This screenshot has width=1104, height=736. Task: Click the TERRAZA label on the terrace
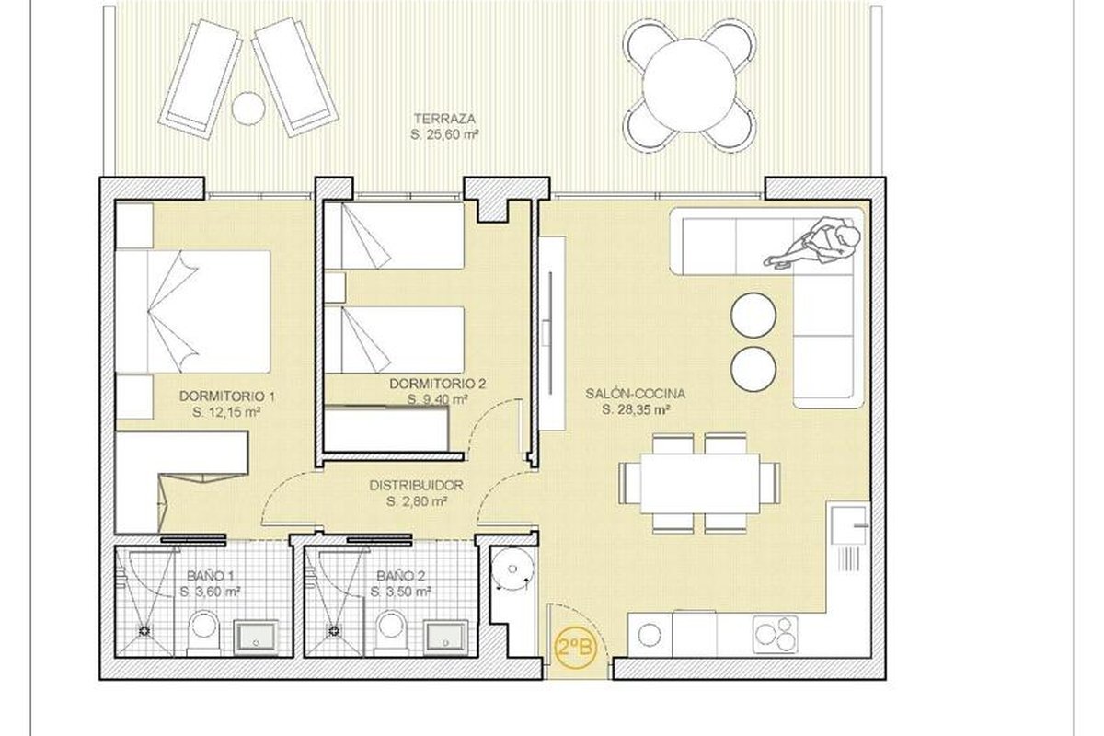[x=444, y=119]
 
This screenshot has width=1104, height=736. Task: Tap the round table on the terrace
[x=689, y=86]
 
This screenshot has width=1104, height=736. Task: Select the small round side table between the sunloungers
[x=248, y=109]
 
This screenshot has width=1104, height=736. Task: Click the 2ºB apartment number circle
[x=575, y=648]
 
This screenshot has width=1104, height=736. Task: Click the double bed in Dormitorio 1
[x=192, y=312]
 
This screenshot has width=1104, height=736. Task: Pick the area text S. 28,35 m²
[x=636, y=409]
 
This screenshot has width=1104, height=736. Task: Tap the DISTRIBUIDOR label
[x=417, y=486]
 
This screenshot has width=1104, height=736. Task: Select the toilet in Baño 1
[x=203, y=632]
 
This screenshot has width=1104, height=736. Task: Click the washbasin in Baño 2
[x=445, y=638]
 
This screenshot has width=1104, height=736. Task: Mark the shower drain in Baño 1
[x=144, y=630]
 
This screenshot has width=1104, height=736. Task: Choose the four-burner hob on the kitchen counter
[x=775, y=634]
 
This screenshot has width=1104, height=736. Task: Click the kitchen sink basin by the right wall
[x=848, y=524]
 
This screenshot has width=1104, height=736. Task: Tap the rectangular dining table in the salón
[x=700, y=484]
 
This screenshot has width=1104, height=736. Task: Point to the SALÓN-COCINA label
[x=636, y=394]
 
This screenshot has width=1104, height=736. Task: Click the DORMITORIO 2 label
[x=438, y=384]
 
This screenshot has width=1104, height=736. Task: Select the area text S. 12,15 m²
[x=226, y=412]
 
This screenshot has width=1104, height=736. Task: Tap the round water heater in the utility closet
[x=512, y=569]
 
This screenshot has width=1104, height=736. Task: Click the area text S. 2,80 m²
[x=417, y=501]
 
